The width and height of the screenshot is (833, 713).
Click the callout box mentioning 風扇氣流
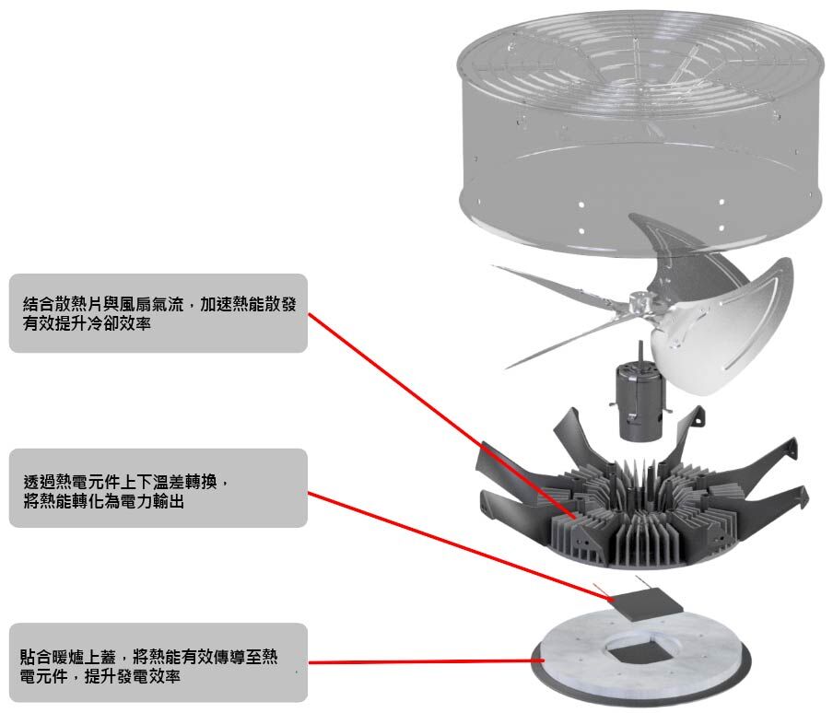click(x=158, y=313)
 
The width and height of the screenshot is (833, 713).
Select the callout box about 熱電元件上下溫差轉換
click(x=158, y=488)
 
